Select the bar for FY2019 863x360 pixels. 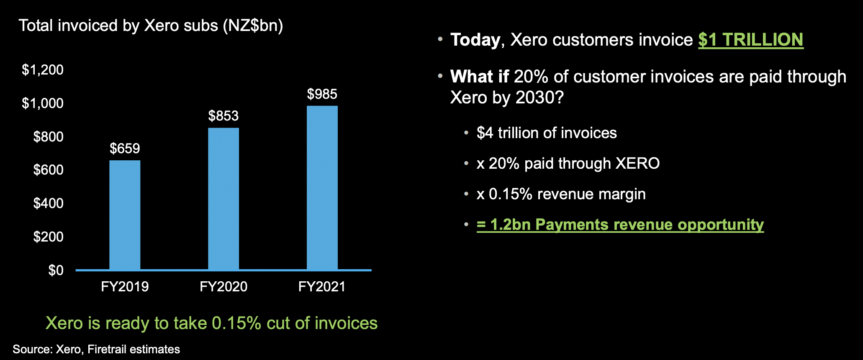(x=125, y=215)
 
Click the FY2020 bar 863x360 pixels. (x=223, y=199)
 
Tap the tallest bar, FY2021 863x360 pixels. (x=322, y=188)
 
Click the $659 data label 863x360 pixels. (x=125, y=148)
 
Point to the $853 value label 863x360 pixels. (x=223, y=116)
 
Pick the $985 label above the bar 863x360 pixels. (x=322, y=94)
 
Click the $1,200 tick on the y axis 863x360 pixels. (x=43, y=69)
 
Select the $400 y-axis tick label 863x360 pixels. (x=49, y=203)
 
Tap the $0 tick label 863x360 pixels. (x=56, y=270)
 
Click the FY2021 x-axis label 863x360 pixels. (x=322, y=287)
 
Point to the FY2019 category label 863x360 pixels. (x=125, y=287)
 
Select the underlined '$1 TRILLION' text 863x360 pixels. (x=751, y=40)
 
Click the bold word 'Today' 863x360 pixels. (x=475, y=40)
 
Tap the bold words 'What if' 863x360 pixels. (x=480, y=77)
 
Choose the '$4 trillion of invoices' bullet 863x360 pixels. (x=547, y=133)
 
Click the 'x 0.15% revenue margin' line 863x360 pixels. (x=561, y=194)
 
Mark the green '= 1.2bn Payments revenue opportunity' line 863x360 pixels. (x=620, y=224)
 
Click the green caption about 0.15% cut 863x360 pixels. (x=211, y=323)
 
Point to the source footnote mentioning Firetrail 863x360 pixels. (x=96, y=349)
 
